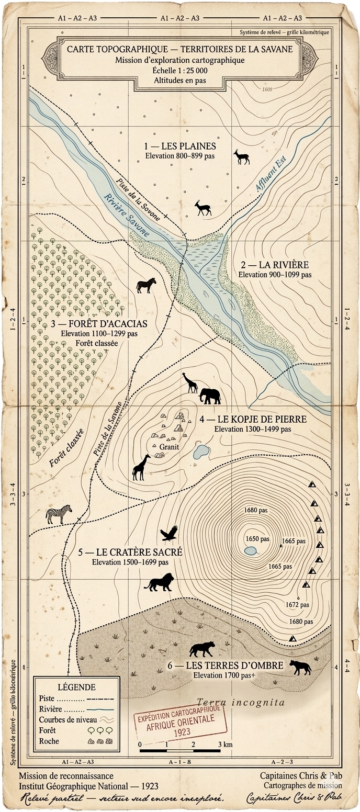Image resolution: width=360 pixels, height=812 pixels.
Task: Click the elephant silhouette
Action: coord(210,396)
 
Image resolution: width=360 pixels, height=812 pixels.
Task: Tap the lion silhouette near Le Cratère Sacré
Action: coord(159,582)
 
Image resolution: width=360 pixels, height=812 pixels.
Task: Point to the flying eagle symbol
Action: coord(169,533)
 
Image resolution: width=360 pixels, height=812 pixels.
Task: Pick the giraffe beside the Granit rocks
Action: coord(141,467)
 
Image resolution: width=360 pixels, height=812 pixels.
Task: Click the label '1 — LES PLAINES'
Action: coord(179,146)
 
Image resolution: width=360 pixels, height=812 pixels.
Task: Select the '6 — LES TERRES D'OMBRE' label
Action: coord(226,666)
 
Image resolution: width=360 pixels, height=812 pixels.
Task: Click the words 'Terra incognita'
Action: coord(241,702)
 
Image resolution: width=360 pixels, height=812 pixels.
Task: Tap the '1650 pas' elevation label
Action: coord(257,538)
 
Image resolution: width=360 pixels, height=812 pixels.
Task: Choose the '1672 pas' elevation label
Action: coord(297,604)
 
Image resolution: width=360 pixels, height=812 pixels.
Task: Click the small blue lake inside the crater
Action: coord(250,550)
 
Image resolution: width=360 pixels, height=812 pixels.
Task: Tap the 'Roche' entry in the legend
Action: coord(49,741)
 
